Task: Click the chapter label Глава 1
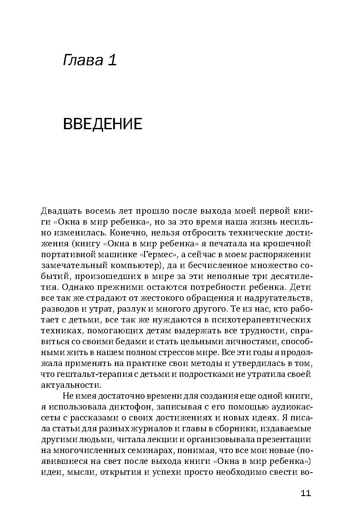click(x=90, y=60)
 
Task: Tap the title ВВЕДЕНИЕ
click(x=103, y=124)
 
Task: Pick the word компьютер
click(x=132, y=265)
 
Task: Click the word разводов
click(x=59, y=309)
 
